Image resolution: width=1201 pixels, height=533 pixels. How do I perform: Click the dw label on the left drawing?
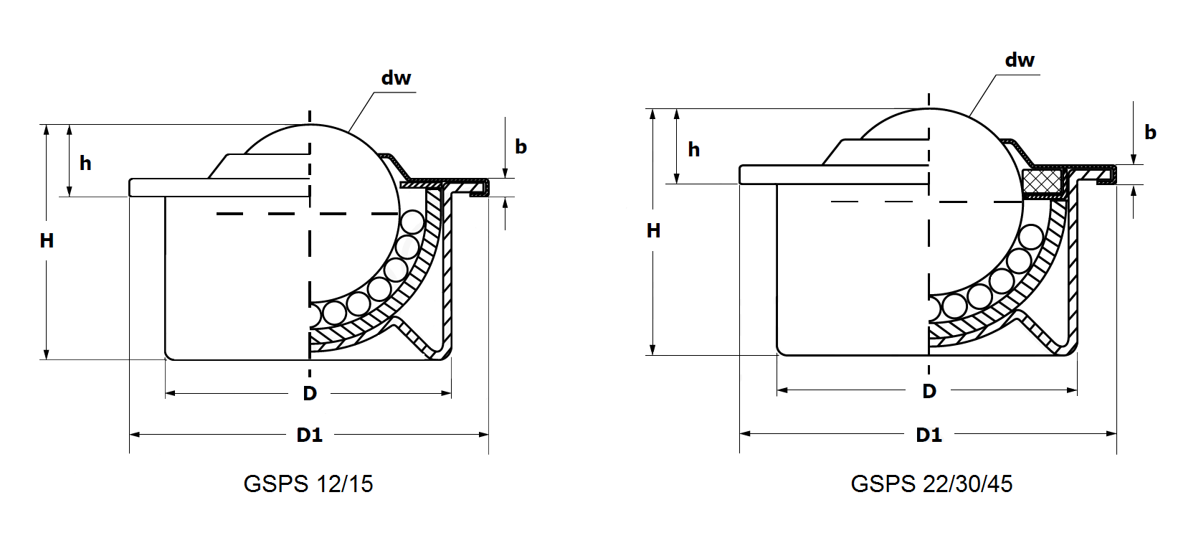[x=396, y=78]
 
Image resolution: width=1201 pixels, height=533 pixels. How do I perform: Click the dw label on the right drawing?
[x=1020, y=60]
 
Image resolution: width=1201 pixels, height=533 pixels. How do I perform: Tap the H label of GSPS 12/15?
[x=47, y=241]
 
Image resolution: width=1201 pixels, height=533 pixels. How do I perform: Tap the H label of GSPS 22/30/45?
[x=653, y=231]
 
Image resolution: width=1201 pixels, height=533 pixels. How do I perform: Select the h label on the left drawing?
[x=85, y=164]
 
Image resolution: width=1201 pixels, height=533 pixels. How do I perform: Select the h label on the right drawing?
[x=693, y=150]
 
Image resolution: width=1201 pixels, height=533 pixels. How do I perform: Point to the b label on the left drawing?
[x=521, y=147]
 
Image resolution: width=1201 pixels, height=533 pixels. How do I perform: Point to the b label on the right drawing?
[x=1150, y=133]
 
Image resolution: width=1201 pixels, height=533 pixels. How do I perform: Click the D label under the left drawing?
[x=310, y=393]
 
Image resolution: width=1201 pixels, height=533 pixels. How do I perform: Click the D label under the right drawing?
[x=929, y=391]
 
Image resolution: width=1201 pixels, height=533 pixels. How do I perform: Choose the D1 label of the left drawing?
[x=310, y=435]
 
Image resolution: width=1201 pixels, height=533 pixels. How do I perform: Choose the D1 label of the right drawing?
[x=929, y=435]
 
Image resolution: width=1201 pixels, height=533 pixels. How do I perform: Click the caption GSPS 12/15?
[x=308, y=484]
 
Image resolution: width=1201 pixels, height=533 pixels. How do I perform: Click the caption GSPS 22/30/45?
[x=931, y=484]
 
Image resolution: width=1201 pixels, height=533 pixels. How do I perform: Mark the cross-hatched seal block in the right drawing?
[x=1043, y=181]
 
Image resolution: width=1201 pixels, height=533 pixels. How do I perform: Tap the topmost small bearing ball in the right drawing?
[x=1031, y=237]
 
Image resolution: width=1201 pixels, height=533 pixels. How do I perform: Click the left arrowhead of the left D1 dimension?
[x=134, y=434]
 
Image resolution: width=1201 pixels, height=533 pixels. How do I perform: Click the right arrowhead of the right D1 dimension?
[x=1112, y=433]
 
